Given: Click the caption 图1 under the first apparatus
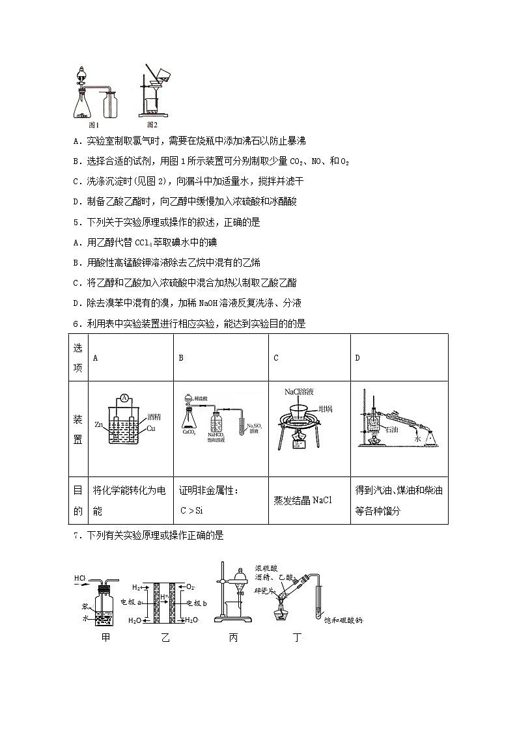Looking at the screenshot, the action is click(93, 124).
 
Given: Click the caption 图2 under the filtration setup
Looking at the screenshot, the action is click(152, 124).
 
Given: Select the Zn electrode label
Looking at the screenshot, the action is click(99, 424).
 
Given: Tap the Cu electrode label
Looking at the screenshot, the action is click(151, 428).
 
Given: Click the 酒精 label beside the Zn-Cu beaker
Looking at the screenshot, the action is click(154, 416).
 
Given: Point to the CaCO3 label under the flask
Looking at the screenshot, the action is click(191, 432).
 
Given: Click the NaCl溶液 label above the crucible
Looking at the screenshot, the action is click(300, 392).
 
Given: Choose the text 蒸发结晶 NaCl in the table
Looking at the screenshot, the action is click(303, 500).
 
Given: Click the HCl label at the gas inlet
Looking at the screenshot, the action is click(80, 577).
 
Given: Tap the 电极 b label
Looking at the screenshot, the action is click(196, 604).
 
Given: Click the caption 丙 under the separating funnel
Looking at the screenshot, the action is click(233, 638).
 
